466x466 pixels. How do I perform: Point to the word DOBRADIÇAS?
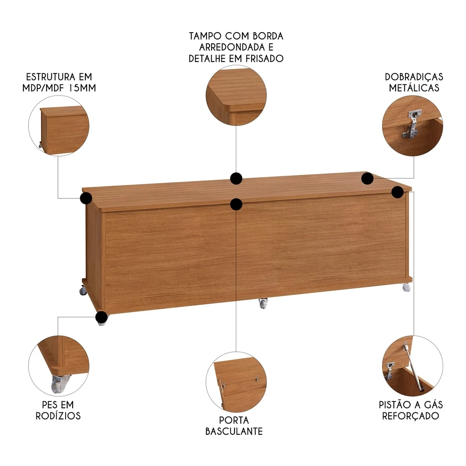[414, 77]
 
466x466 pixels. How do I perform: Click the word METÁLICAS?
[414, 88]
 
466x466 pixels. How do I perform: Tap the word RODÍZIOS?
[58, 416]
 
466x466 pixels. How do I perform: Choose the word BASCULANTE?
[234, 431]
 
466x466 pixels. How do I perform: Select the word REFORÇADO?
[411, 416]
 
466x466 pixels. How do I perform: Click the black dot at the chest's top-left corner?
[86, 199]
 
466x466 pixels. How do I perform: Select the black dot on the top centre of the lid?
[236, 178]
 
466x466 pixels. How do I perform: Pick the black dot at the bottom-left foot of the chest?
[101, 318]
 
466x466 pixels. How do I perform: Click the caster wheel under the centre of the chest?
[263, 304]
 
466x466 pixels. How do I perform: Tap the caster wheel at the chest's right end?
[406, 288]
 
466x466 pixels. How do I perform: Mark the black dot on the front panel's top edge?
[236, 204]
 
